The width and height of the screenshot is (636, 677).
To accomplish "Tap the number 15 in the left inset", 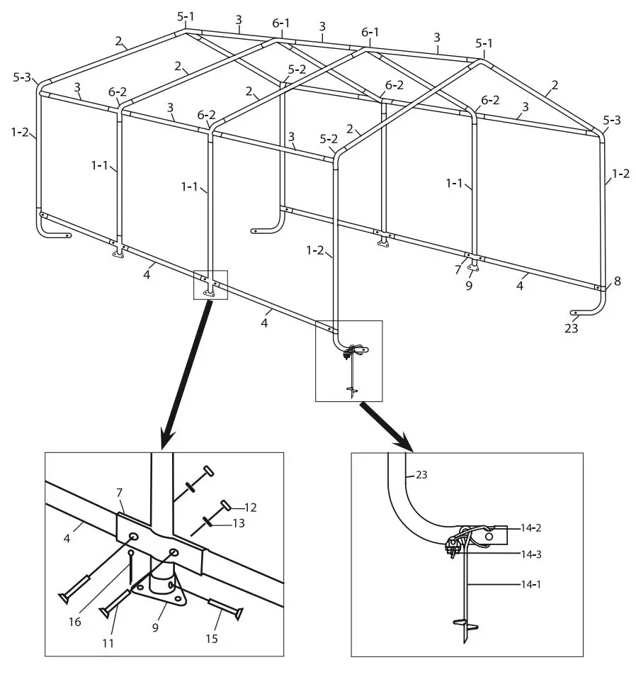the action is [x=211, y=639].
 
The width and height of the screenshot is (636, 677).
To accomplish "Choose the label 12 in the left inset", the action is [x=250, y=508].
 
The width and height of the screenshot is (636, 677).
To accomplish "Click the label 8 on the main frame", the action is [x=617, y=281].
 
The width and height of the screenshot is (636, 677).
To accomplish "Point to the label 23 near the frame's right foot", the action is [x=571, y=329].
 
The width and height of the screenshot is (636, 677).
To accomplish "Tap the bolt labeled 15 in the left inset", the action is [x=226, y=608].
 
